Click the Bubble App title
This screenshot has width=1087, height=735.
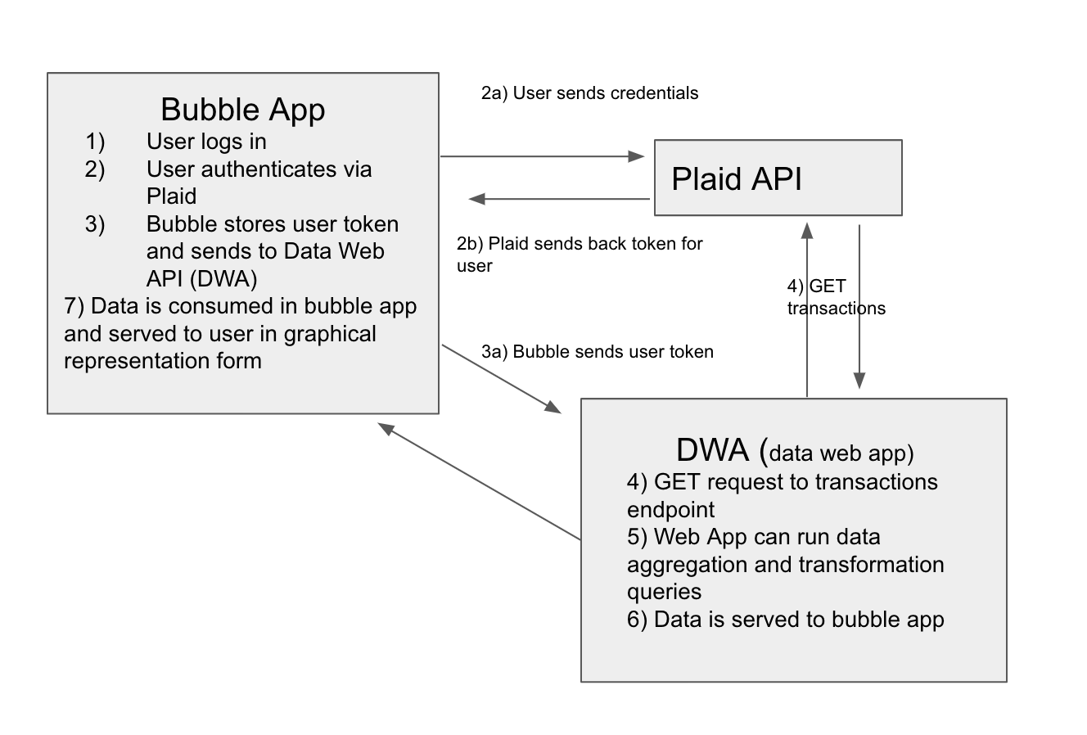click(x=242, y=110)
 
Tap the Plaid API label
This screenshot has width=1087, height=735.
click(x=736, y=178)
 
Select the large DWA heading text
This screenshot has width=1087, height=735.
click(x=712, y=450)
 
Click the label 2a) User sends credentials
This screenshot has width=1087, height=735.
click(x=589, y=93)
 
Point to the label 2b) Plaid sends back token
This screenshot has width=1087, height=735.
click(x=580, y=244)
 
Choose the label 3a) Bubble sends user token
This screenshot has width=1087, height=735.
click(x=598, y=352)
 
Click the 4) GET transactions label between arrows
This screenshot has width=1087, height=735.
click(x=835, y=297)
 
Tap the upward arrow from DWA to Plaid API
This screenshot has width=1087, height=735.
click(x=808, y=311)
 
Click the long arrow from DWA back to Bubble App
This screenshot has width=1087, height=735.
click(x=479, y=481)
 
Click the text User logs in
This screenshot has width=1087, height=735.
click(x=206, y=142)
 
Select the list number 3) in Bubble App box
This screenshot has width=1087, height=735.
click(x=95, y=224)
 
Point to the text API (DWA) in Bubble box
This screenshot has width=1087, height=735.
click(x=201, y=279)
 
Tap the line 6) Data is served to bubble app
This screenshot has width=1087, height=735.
click(x=785, y=620)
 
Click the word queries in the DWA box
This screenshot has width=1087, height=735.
click(x=664, y=592)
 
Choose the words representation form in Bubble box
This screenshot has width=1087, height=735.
click(x=162, y=361)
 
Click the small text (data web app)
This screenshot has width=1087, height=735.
click(x=841, y=453)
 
